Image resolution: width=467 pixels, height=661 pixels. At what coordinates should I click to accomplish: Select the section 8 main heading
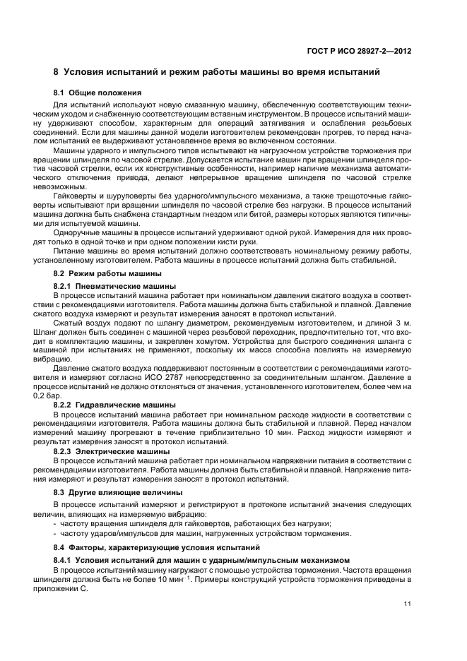point(218,72)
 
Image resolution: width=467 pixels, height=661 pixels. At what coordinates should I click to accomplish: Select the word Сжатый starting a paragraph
point(69,322)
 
